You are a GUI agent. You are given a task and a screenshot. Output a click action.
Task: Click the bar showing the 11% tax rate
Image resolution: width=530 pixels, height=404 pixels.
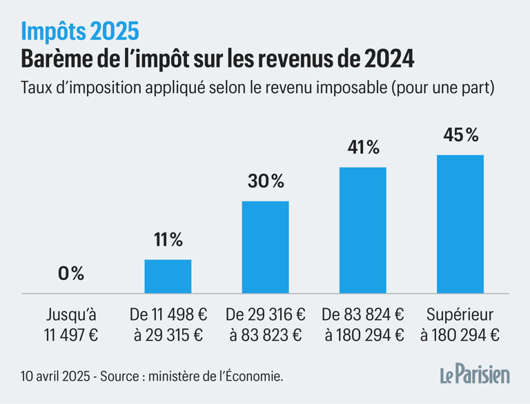point(168,276)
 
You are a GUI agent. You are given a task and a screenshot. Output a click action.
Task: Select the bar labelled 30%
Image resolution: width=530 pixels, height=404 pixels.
point(265,248)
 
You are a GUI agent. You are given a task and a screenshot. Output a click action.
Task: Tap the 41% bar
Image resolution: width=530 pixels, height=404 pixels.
point(362,230)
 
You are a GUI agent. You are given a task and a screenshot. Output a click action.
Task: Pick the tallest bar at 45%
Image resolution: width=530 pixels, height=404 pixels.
point(460,224)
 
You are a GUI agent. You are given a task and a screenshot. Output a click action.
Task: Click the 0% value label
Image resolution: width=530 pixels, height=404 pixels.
point(70,274)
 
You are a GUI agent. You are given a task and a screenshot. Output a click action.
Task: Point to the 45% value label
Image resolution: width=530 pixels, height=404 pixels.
point(460,135)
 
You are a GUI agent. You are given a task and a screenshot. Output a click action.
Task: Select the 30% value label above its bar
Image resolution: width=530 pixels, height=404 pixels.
point(265,181)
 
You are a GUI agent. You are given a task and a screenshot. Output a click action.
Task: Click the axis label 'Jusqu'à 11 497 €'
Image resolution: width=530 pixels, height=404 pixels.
point(70,325)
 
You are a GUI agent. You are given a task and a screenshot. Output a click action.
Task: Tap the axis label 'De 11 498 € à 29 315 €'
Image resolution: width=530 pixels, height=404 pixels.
point(168,325)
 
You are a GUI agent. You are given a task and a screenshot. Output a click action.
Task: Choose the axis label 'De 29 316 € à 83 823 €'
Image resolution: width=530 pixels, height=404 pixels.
point(265,325)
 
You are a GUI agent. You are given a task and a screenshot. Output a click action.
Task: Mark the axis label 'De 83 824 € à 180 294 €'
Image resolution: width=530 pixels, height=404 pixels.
point(362,325)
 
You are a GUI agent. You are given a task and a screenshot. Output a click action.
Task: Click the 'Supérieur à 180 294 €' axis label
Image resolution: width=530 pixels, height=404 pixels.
point(460,325)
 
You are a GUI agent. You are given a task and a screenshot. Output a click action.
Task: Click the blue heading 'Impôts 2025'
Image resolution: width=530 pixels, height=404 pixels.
point(79,30)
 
